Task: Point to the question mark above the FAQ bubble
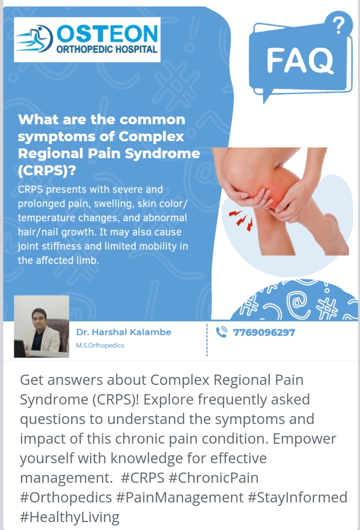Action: (x=339, y=26)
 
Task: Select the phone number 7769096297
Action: (x=264, y=332)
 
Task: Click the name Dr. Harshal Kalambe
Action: (x=123, y=332)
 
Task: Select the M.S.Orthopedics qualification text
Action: (x=100, y=345)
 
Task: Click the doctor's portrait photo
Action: (x=41, y=326)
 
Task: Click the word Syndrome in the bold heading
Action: (x=162, y=154)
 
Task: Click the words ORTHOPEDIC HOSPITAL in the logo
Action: (x=107, y=49)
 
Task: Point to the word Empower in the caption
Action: (x=304, y=439)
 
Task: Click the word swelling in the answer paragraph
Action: (x=114, y=204)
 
